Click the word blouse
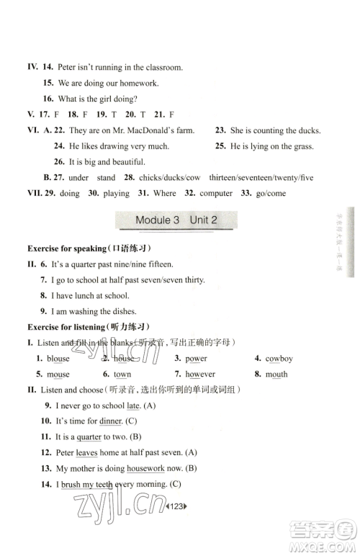tap(58, 358)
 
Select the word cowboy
tap(279, 358)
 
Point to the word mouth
tap(276, 374)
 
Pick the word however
tap(200, 374)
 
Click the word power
tap(196, 358)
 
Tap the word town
tap(122, 374)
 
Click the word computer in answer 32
tap(215, 193)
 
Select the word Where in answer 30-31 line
tap(165, 193)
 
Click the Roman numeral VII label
tap(34, 193)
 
